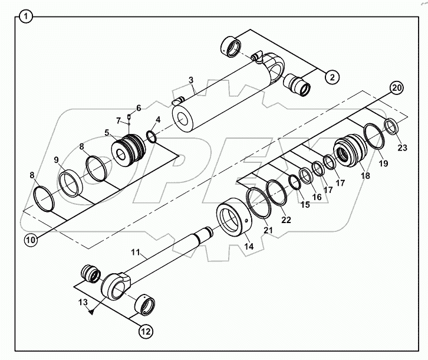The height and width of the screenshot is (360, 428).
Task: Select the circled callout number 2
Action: (332, 76)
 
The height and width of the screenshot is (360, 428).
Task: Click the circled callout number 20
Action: (396, 88)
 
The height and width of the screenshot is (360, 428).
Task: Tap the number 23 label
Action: (401, 148)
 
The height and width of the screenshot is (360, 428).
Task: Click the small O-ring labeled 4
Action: (151, 138)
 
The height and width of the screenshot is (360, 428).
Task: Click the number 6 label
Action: (139, 107)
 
